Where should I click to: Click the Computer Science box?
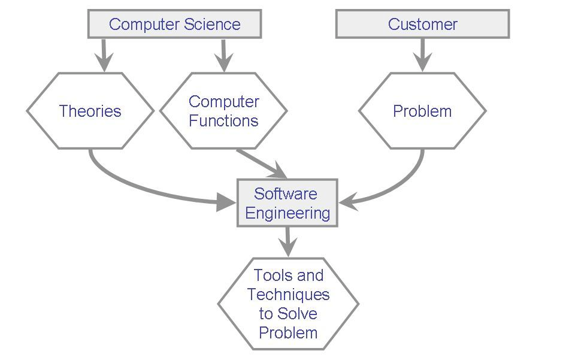click(x=174, y=24)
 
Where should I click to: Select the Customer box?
click(x=422, y=24)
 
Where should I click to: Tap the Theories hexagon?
click(x=90, y=111)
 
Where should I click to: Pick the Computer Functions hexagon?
click(x=223, y=111)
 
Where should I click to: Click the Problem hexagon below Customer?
click(x=422, y=111)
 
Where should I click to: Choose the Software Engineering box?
click(x=287, y=203)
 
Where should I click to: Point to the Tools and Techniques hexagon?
click(x=288, y=304)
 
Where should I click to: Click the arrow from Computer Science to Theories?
click(x=104, y=55)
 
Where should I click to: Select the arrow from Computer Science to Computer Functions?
click(x=223, y=55)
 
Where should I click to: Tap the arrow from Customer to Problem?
click(x=422, y=55)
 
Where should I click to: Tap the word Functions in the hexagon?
click(x=223, y=120)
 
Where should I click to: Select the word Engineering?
click(x=287, y=213)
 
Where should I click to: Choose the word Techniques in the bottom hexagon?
click(x=288, y=295)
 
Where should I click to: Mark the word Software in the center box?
click(x=286, y=193)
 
